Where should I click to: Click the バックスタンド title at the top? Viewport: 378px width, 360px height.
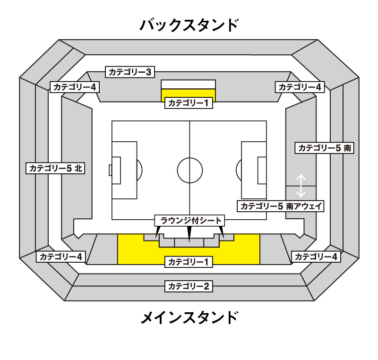click(189, 25)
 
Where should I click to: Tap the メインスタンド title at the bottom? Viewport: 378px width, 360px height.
click(189, 317)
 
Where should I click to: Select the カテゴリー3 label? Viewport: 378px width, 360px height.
click(130, 72)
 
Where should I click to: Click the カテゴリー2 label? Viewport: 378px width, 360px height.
click(189, 286)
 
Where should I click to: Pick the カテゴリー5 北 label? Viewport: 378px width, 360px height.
click(55, 168)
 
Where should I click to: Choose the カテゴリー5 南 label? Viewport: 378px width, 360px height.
click(324, 148)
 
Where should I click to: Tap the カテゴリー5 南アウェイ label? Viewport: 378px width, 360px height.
click(281, 206)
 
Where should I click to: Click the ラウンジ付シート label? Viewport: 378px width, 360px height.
click(189, 221)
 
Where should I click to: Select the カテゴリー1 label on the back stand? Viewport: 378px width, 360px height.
click(189, 103)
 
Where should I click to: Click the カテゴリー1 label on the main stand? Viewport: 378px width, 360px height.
click(189, 262)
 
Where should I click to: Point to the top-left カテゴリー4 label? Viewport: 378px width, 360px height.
click(75, 87)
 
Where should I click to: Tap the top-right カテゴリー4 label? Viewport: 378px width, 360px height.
click(300, 87)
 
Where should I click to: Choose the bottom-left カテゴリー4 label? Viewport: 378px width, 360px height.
click(61, 257)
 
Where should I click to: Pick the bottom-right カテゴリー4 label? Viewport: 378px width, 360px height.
click(316, 257)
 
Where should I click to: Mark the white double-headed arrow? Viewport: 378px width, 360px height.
click(301, 186)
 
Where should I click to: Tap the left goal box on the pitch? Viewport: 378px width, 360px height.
click(116, 171)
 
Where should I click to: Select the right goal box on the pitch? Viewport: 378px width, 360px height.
click(262, 171)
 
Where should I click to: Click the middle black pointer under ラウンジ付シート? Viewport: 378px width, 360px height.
click(189, 234)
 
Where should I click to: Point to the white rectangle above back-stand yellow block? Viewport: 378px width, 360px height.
click(188, 85)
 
